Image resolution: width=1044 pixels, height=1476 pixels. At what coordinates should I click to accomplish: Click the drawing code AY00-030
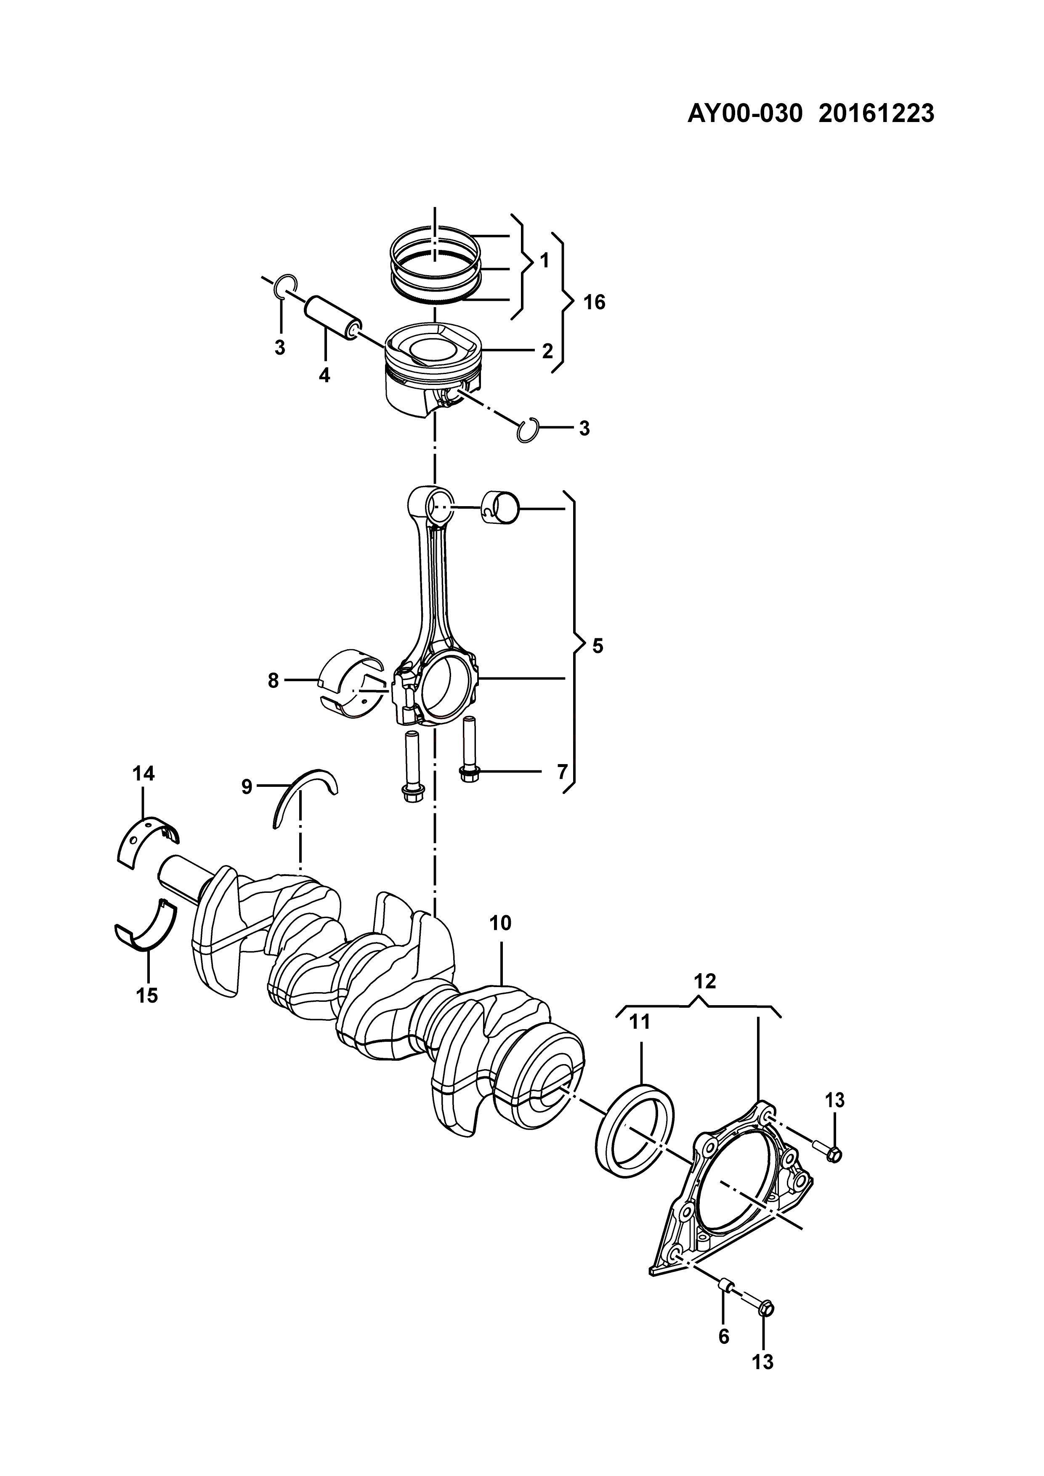[x=746, y=114]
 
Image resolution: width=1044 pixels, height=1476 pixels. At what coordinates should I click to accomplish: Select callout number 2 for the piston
[x=547, y=351]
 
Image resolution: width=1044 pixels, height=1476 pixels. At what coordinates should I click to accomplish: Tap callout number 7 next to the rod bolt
[x=563, y=771]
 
